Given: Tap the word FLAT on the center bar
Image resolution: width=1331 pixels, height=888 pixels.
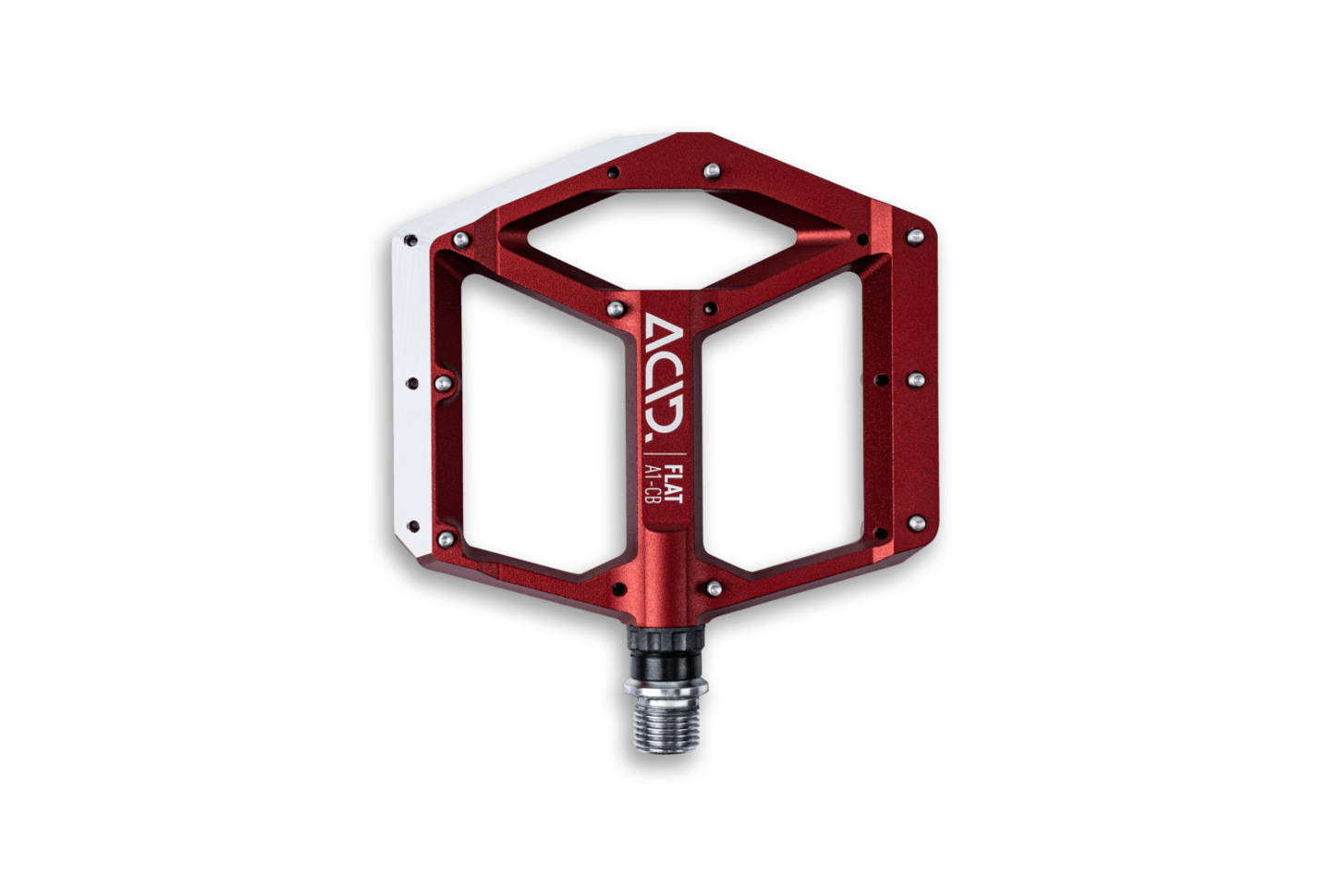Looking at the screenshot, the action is point(673,483).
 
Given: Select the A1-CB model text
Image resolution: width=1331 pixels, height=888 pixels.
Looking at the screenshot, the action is point(653,483).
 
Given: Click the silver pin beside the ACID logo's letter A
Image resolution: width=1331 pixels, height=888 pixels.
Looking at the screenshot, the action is point(616,309).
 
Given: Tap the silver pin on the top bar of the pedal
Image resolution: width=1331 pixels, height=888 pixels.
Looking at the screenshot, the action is point(712,171).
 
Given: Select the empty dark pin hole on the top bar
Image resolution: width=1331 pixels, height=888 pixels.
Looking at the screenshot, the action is point(613,173).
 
